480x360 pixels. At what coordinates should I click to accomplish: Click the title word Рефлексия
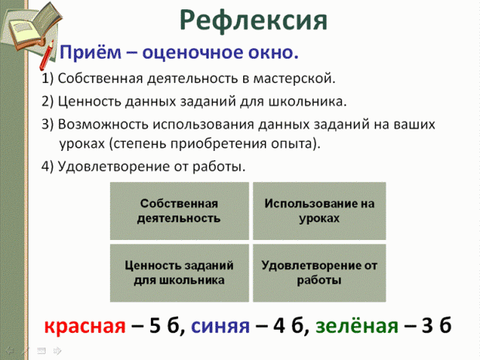point(253,21)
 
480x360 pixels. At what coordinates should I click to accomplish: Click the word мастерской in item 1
point(294,79)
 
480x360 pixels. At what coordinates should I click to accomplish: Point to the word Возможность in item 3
point(103,125)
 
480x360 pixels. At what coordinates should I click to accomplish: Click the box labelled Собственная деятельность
point(180,211)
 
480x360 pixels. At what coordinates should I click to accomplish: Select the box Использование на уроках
point(319,211)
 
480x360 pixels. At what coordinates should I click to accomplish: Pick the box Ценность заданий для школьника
point(180,273)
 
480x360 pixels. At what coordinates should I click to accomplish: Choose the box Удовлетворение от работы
point(319,273)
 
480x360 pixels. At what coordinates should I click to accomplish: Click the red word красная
point(85,327)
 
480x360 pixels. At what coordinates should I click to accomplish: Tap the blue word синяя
point(221,327)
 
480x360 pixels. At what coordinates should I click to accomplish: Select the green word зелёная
point(357,326)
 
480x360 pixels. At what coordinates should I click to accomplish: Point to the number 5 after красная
point(155,326)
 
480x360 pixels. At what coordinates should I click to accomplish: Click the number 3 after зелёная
point(427,326)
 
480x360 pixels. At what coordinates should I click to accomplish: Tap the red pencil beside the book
point(46,55)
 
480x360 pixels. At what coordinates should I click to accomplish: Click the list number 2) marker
point(47,101)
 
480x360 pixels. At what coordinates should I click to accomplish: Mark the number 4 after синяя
point(279,326)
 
